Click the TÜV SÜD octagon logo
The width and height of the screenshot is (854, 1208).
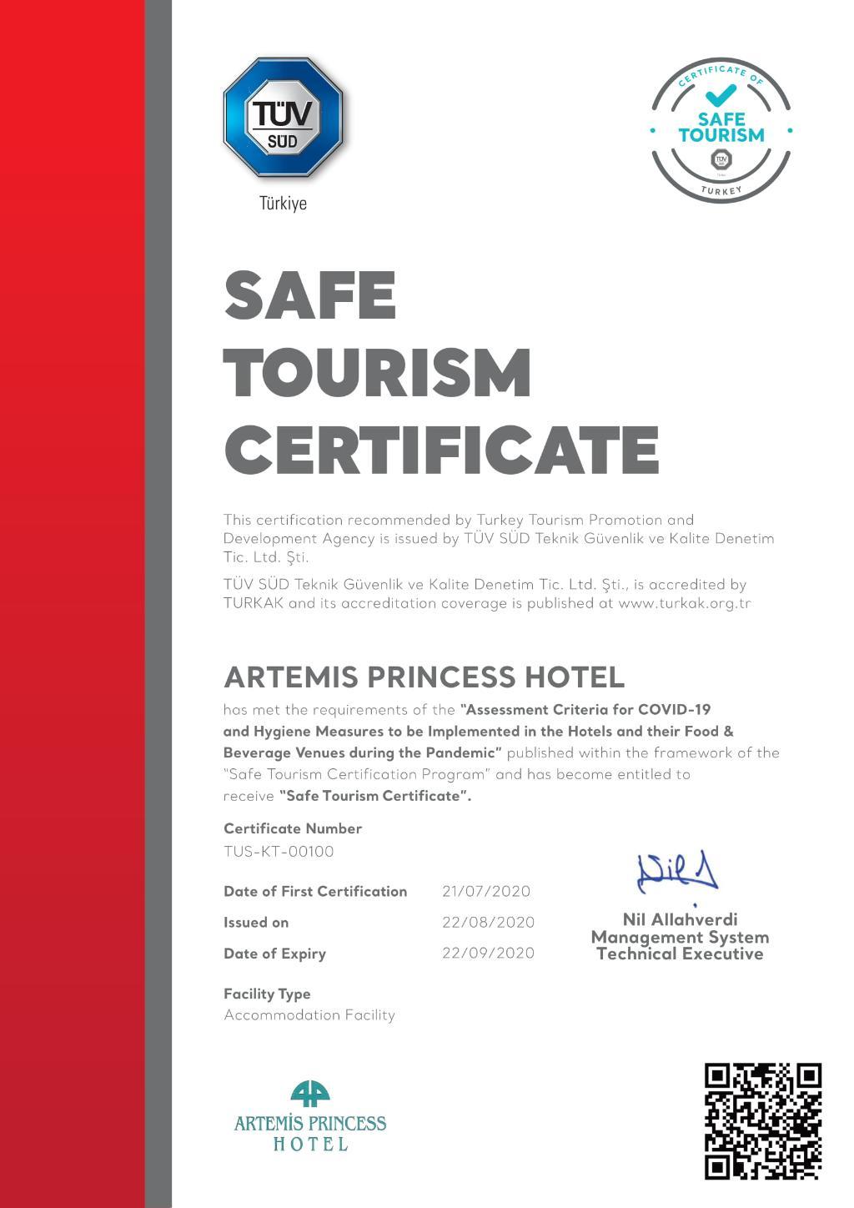[x=283, y=118]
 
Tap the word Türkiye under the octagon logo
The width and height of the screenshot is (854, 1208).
[x=283, y=204]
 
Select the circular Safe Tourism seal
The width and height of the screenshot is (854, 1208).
[x=721, y=130]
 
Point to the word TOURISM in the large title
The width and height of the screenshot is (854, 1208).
[x=378, y=372]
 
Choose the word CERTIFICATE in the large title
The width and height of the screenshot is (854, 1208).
[x=441, y=450]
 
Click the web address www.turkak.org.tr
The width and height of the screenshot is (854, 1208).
[x=684, y=603]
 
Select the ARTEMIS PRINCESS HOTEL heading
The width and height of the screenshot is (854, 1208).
[x=424, y=677]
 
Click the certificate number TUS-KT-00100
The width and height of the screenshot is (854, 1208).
[x=279, y=852]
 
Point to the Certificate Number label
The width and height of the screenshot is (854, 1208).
[x=293, y=828]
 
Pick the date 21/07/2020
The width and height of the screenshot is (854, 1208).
[x=486, y=891]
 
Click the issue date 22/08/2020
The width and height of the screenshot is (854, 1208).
[x=488, y=922]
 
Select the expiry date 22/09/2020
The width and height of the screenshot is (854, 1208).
[x=488, y=953]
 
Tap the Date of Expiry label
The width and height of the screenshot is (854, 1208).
[x=274, y=954]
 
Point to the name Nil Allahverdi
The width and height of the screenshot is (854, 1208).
[x=680, y=919]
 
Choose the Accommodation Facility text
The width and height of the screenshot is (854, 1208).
[x=309, y=1015]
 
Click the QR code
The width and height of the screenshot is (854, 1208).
[x=762, y=1120]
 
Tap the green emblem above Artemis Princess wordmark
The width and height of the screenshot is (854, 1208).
[x=310, y=1094]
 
